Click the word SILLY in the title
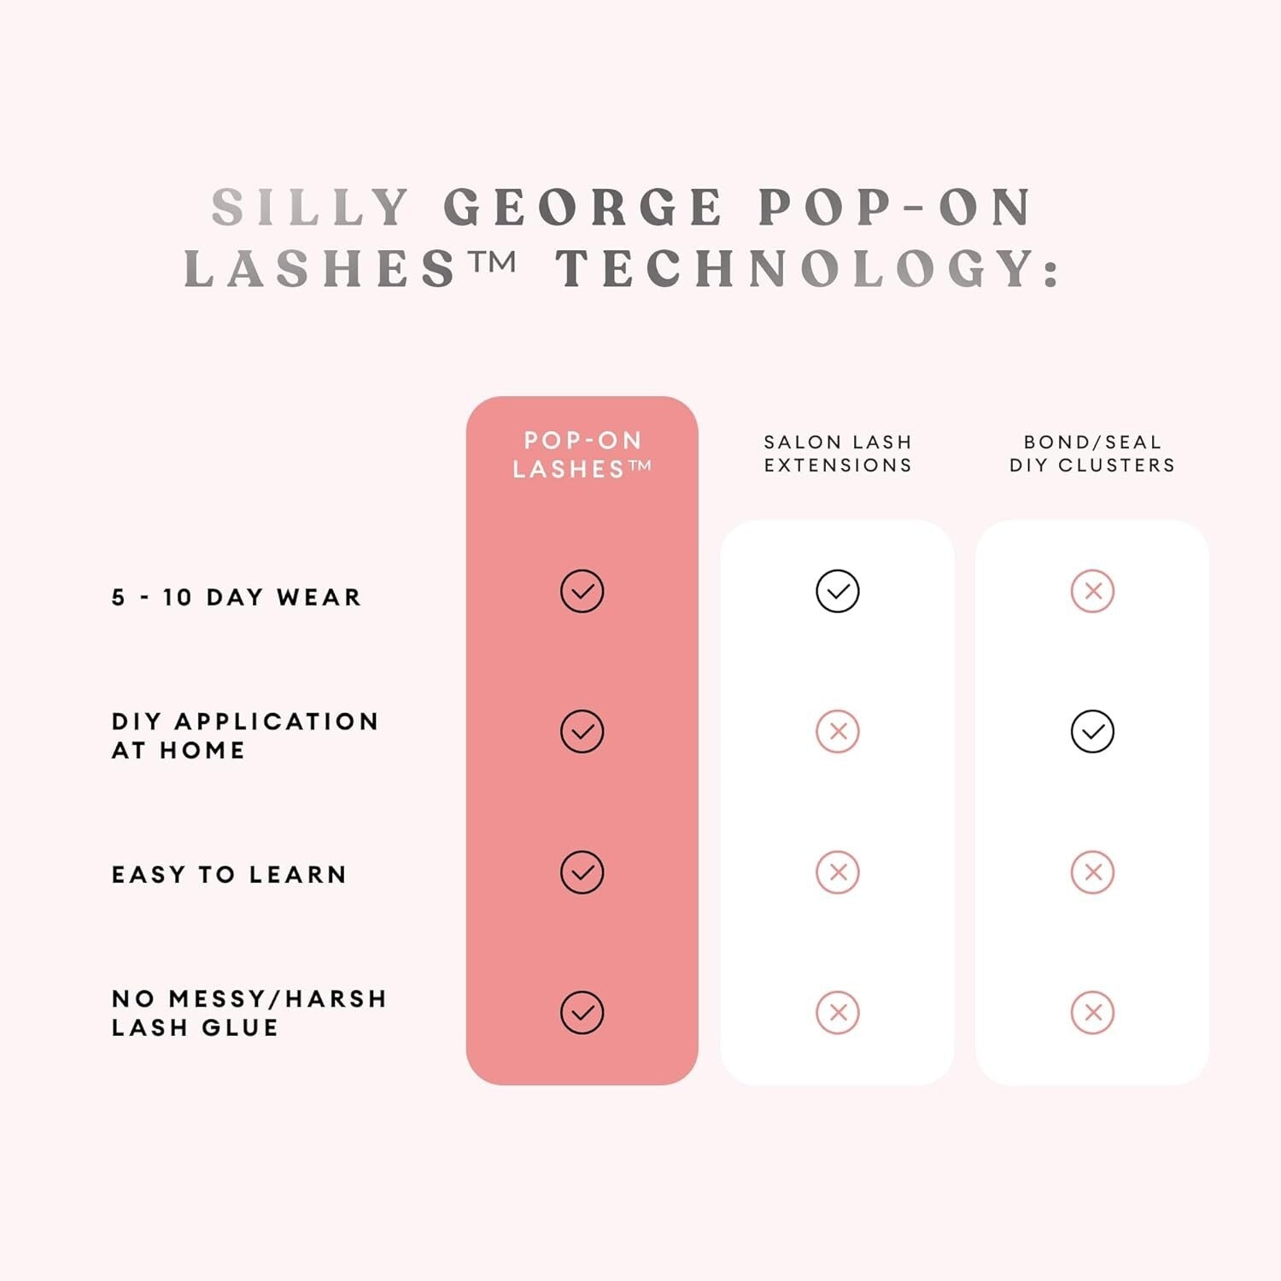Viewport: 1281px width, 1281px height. click(x=311, y=208)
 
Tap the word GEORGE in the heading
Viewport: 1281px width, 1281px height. click(x=583, y=208)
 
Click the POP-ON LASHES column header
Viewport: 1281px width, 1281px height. click(x=582, y=454)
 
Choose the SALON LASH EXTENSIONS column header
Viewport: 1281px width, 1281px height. click(x=838, y=453)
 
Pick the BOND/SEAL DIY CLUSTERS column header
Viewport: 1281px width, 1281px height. click(x=1092, y=453)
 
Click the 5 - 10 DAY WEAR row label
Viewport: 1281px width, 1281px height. click(x=237, y=597)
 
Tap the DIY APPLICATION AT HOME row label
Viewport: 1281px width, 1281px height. click(x=245, y=735)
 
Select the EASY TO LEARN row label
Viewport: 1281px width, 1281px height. click(x=230, y=874)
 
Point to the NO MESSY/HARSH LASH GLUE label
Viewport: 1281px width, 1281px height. click(x=249, y=1013)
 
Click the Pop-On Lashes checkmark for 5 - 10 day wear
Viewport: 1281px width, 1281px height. click(x=582, y=591)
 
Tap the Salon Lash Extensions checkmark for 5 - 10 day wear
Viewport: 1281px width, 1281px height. click(x=838, y=591)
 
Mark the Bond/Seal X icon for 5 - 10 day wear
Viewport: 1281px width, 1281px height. click(x=1092, y=591)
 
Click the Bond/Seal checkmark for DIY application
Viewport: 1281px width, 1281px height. click(x=1092, y=731)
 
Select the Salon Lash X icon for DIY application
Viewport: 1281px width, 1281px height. click(x=838, y=731)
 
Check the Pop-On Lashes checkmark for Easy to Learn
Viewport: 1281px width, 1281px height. click(x=582, y=872)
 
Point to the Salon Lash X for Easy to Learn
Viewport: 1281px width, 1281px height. click(x=838, y=872)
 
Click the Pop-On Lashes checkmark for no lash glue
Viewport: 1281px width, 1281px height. click(x=582, y=1013)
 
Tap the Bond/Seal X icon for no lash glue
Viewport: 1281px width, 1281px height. click(x=1092, y=1013)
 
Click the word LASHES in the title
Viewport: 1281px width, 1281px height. click(x=320, y=268)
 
